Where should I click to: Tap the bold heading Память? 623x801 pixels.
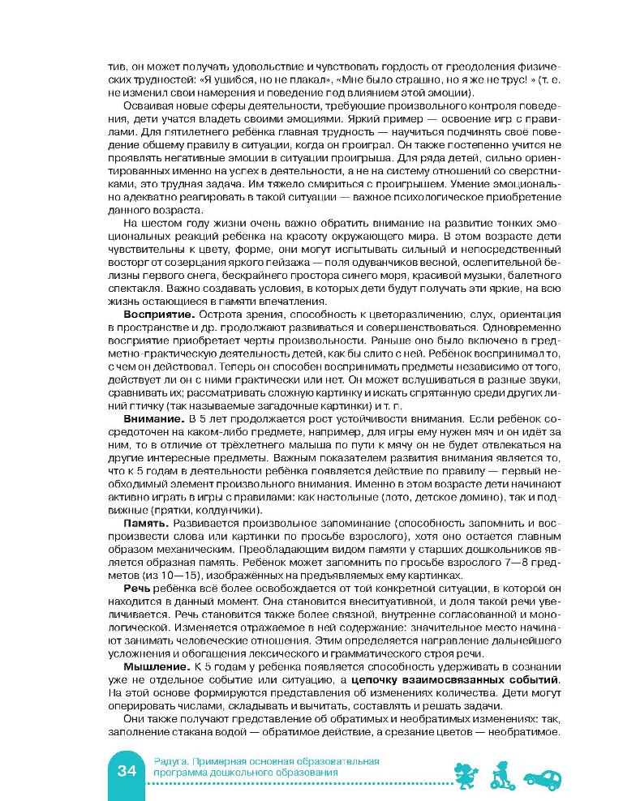(x=146, y=524)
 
